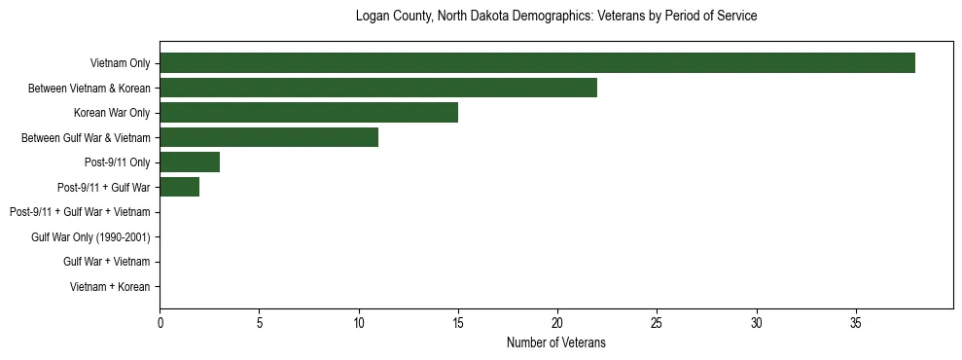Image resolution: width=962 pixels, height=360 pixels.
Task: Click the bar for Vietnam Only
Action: [x=537, y=63]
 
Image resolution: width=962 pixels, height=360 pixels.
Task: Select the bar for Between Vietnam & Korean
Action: [x=378, y=89]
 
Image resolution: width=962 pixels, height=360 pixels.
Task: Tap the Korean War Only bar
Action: [x=308, y=113]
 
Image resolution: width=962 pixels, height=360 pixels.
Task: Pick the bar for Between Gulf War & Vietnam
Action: [x=268, y=137]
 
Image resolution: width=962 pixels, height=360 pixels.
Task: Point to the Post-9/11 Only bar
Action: [x=190, y=162]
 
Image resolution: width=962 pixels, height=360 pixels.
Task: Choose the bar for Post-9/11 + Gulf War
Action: [x=180, y=187]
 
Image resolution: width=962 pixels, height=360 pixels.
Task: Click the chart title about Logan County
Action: [x=555, y=17]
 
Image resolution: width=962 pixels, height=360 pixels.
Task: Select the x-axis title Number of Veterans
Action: [x=555, y=342]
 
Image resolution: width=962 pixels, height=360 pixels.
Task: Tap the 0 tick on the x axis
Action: [x=160, y=322]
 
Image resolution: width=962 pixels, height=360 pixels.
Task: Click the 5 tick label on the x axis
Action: [x=259, y=322]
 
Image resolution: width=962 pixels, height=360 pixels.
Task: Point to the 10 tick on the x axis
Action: [x=359, y=322]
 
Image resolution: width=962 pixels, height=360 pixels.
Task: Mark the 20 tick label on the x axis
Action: [x=557, y=322]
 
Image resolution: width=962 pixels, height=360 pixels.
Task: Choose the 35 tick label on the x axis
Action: [x=856, y=322]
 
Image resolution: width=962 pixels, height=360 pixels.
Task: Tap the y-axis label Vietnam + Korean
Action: [x=110, y=286]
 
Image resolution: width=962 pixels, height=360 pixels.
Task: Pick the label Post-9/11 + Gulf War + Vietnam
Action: [x=80, y=212]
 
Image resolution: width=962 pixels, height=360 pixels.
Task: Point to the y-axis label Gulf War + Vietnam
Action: [x=107, y=262]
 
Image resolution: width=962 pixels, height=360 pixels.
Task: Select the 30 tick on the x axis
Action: [x=757, y=322]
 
